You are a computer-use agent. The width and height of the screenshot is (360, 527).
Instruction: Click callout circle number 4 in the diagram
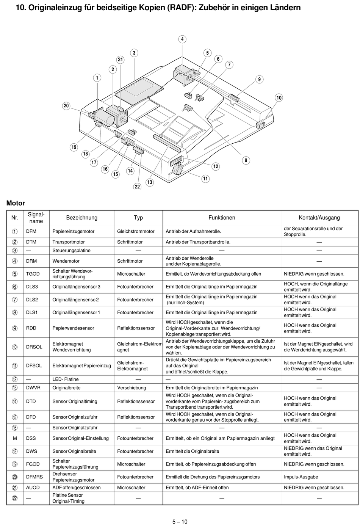182,39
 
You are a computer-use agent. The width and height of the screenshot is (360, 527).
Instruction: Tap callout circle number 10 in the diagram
279,98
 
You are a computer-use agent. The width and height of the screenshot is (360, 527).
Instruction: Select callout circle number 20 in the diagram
66,106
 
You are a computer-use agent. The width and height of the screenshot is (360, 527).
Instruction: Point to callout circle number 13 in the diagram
150,182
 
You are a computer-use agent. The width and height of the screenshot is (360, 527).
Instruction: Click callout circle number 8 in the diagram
246,160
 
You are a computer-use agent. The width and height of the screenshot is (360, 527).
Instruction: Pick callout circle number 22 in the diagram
137,187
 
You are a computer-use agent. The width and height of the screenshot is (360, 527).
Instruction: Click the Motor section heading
16,203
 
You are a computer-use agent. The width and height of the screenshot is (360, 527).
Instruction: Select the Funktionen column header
222,218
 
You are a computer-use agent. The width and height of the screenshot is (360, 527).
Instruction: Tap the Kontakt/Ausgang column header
319,218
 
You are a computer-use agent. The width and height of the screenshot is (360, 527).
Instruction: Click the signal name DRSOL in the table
34,347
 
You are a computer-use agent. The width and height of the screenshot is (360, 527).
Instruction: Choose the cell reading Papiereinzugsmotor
74,231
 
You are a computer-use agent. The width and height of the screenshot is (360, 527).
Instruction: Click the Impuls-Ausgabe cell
301,477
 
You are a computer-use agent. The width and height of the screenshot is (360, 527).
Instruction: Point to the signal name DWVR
33,388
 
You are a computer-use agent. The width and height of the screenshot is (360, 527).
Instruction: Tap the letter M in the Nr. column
15,438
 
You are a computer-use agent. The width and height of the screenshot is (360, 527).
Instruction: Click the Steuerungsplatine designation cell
71,250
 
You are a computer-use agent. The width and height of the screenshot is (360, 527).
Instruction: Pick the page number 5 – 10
180,522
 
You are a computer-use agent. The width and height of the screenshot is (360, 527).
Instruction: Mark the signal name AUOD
33,488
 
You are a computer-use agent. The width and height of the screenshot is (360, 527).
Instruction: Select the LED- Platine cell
66,379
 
